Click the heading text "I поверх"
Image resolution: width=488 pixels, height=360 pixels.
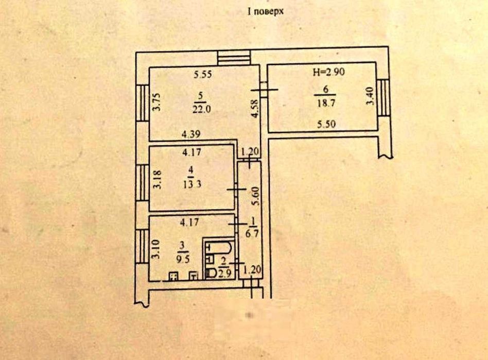(266, 11)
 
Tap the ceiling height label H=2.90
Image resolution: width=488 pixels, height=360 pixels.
(328, 72)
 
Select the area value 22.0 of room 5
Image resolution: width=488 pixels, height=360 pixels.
(201, 109)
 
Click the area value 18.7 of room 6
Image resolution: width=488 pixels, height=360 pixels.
(326, 103)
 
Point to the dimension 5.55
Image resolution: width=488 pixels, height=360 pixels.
(203, 75)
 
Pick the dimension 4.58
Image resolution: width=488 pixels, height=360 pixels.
(255, 109)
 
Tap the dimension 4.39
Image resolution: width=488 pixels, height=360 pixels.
(191, 134)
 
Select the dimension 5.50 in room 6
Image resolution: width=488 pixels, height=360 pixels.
(326, 124)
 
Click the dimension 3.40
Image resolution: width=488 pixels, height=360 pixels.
(370, 96)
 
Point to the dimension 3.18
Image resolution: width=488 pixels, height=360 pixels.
(158, 179)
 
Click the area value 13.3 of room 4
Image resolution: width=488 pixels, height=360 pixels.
(192, 184)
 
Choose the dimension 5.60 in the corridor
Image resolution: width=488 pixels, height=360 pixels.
(255, 196)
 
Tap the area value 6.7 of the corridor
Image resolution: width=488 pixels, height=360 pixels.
(252, 233)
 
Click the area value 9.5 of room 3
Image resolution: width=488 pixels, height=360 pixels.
(183, 259)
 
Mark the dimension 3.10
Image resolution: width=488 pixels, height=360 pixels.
(156, 249)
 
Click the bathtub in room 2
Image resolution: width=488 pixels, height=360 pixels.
(218, 248)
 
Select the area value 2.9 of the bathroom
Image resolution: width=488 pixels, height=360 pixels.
(225, 274)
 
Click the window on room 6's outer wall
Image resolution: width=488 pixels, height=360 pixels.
(383, 97)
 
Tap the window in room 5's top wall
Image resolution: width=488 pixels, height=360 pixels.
(234, 58)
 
